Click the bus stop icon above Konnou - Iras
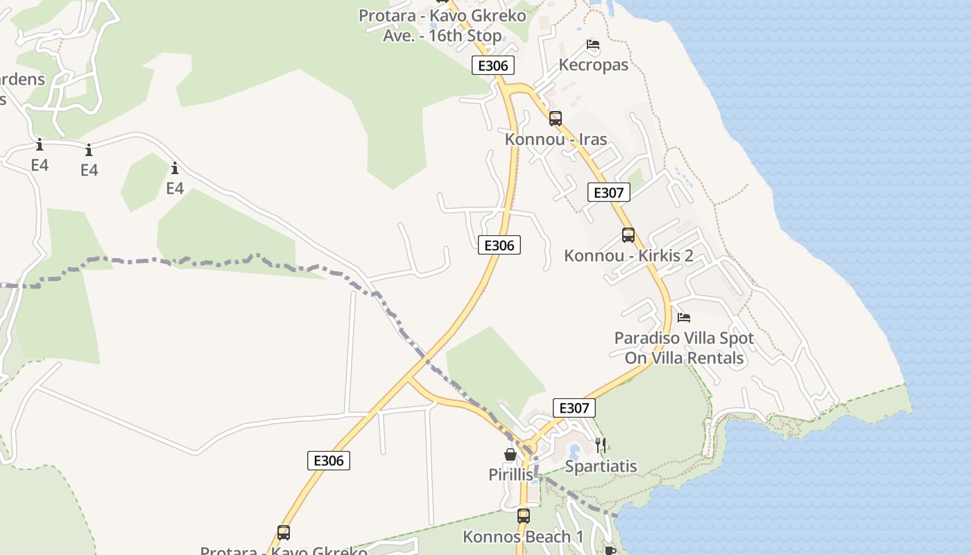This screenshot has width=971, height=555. [x=555, y=119]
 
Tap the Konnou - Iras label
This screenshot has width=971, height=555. [x=556, y=139]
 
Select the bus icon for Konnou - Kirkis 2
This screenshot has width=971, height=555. [x=628, y=235]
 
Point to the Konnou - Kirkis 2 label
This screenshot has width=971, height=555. [x=628, y=256]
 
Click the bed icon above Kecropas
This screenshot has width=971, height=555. [x=593, y=44]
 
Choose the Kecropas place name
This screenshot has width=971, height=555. [x=593, y=65]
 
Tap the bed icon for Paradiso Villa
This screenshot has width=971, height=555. [x=684, y=318]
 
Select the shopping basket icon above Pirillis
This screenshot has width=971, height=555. [x=510, y=454]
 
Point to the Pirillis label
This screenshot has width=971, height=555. [x=511, y=475]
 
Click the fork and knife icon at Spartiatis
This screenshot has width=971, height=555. [x=601, y=445]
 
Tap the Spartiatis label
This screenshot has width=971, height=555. [x=601, y=466]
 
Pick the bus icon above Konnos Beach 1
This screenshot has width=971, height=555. [x=523, y=516]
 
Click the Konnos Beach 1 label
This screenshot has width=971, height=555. [x=523, y=537]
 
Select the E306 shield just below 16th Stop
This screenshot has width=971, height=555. [x=493, y=66]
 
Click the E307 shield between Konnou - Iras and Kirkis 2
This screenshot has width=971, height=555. [x=608, y=192]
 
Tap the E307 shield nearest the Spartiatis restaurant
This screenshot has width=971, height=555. [x=574, y=408]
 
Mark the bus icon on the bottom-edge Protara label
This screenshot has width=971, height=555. [x=283, y=533]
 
